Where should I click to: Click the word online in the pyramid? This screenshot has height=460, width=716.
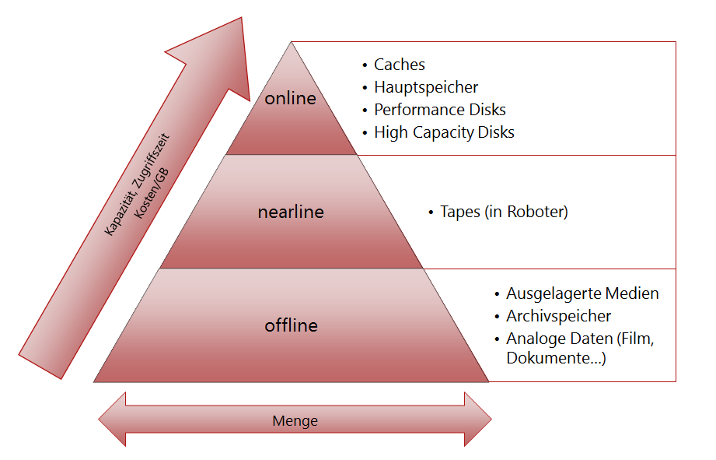tap(290, 99)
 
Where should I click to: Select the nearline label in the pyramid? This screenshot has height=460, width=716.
tap(291, 212)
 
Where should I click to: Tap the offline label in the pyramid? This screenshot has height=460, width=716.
tap(291, 325)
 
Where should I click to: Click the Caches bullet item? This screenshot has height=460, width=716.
tap(399, 65)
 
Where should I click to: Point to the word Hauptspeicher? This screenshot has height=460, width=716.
tap(425, 87)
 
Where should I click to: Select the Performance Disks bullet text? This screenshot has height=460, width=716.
tap(439, 110)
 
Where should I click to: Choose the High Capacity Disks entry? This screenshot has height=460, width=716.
tap(444, 132)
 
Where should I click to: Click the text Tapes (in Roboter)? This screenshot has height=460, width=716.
tap(504, 212)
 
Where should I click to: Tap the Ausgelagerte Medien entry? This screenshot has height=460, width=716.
tap(582, 293)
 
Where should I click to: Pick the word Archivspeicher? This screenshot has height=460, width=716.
tap(558, 316)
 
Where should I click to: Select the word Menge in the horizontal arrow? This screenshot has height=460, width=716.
tap(295, 421)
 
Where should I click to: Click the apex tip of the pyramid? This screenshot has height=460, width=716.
tap(292, 44)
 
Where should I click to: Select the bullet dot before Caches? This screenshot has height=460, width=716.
tap(365, 65)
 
